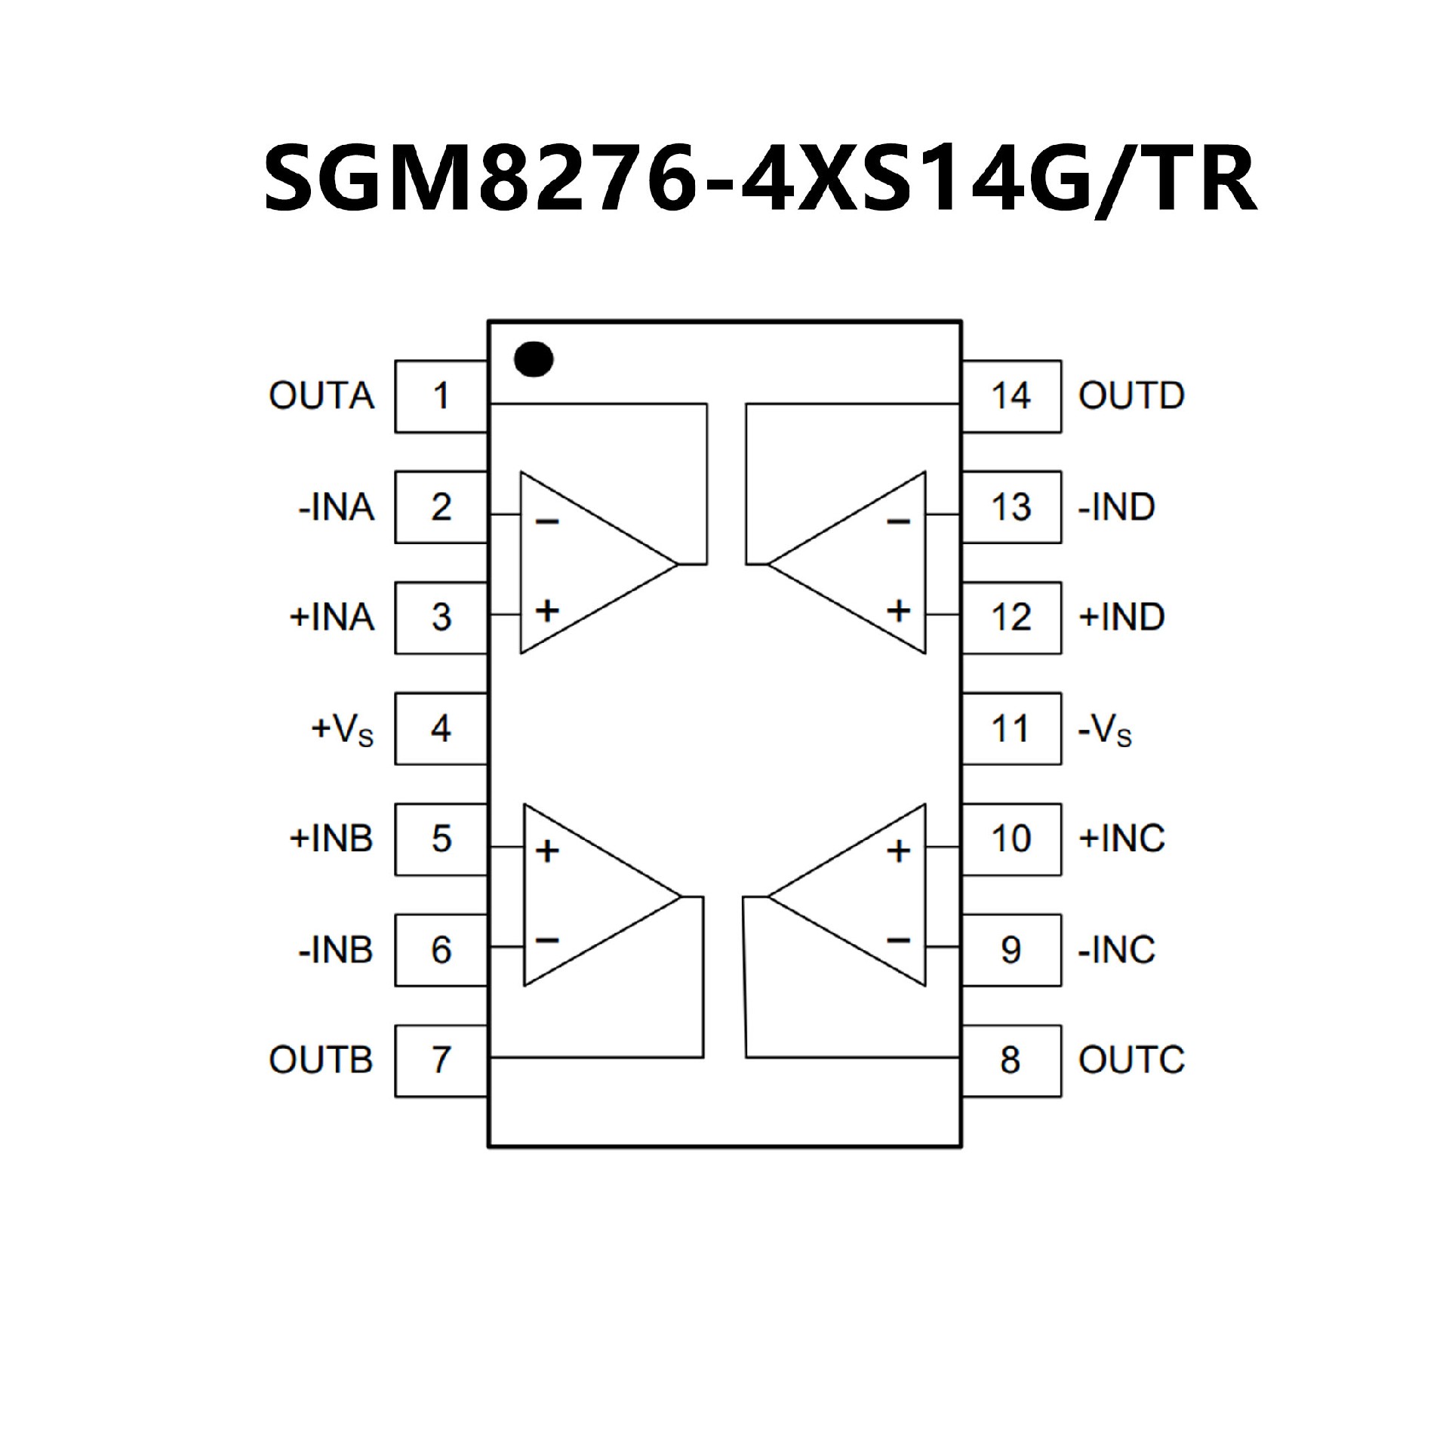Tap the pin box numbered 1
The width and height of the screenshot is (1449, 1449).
click(x=441, y=396)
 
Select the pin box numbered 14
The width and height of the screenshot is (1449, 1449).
click(x=1011, y=396)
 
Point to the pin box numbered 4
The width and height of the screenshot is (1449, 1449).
click(x=441, y=728)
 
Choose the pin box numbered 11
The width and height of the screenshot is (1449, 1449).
click(x=1011, y=728)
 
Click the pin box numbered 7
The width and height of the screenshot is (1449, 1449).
click(x=441, y=1060)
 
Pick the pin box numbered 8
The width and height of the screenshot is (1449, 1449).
click(x=1011, y=1060)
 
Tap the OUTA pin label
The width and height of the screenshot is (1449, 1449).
click(x=321, y=396)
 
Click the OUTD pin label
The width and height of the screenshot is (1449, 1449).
click(x=1131, y=396)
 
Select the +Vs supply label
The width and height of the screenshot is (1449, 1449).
click(x=343, y=730)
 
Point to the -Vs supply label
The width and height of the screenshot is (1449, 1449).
click(x=1106, y=730)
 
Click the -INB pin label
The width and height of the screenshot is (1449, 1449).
click(x=336, y=949)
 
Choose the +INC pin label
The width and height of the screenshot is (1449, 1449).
click(x=1122, y=838)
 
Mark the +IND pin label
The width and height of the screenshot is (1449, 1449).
click(x=1122, y=617)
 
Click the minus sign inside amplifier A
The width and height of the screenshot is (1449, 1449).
click(x=547, y=521)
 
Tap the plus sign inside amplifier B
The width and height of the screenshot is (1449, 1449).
click(x=547, y=851)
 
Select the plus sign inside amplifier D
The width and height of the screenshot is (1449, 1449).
click(x=898, y=610)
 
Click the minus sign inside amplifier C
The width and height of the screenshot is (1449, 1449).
click(x=898, y=940)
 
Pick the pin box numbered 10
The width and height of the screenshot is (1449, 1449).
click(x=1011, y=839)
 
